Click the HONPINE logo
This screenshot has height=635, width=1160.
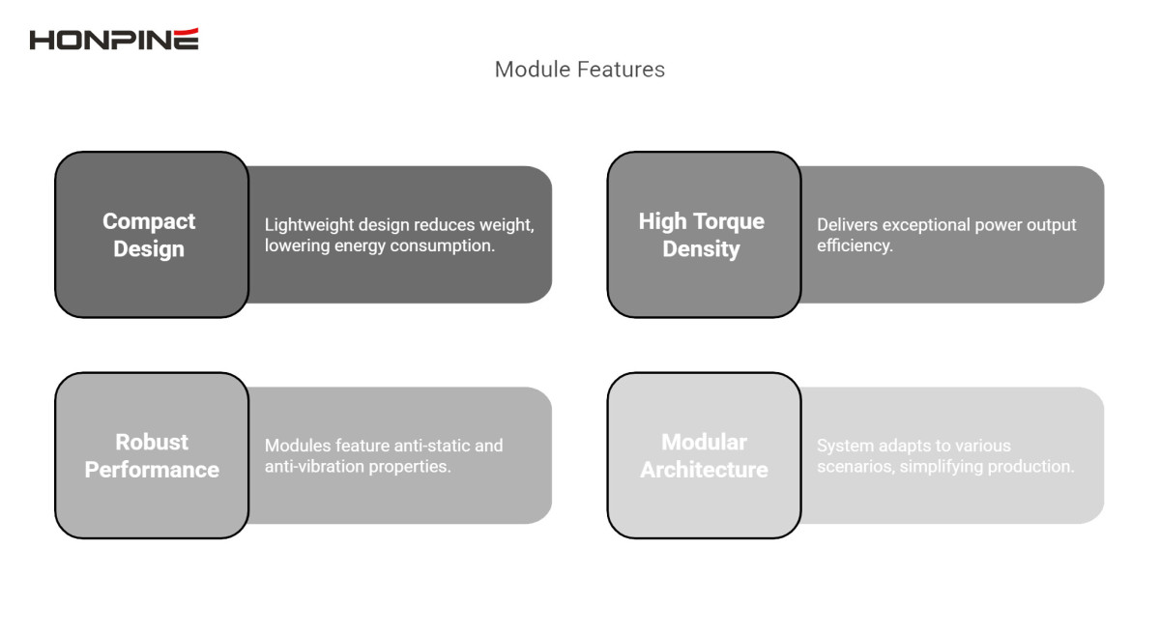coord(114,40)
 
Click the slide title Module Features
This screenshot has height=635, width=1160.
coord(579,70)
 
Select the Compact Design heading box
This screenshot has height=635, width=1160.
coord(152,235)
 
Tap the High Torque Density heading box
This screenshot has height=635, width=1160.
coord(703,235)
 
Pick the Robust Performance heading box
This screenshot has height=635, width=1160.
coord(152,455)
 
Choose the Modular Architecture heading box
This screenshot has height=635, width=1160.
coord(703,455)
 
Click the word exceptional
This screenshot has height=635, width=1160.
coord(930,225)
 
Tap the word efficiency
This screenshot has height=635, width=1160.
coord(855,245)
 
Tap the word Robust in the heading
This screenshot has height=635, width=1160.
coord(152,442)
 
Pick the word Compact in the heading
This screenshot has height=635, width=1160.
coord(149,221)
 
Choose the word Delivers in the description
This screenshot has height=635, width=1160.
coord(848,225)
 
